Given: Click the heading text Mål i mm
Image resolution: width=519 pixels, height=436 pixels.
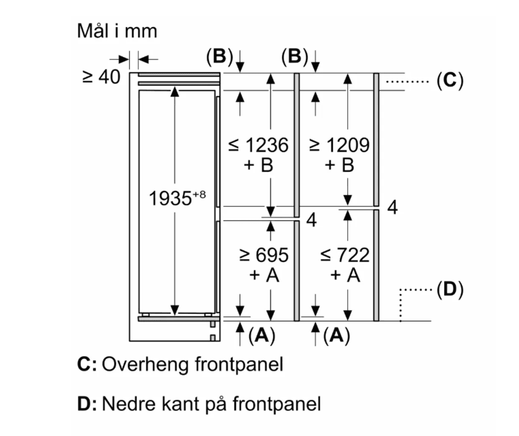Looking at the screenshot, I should (117, 31).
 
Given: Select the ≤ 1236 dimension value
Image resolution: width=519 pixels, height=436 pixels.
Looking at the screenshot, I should (258, 145).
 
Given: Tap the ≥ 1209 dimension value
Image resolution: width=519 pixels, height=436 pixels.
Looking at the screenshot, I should (339, 145).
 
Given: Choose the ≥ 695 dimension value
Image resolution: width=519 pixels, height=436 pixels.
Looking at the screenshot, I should (263, 255).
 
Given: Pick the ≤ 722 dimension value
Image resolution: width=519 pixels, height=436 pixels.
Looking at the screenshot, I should (345, 255).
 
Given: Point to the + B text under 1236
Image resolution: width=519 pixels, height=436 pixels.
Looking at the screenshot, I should (258, 165).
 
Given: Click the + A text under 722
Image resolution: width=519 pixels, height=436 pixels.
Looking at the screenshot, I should (345, 275).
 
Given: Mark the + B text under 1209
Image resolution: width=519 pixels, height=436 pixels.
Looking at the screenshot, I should (339, 165).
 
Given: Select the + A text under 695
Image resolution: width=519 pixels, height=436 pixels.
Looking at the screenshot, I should (263, 275).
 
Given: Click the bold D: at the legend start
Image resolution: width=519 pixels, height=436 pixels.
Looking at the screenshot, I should (88, 403).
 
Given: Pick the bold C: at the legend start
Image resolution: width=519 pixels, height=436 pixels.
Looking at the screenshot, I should (87, 365).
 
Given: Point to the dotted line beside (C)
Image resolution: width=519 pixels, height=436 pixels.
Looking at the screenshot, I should (408, 81).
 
